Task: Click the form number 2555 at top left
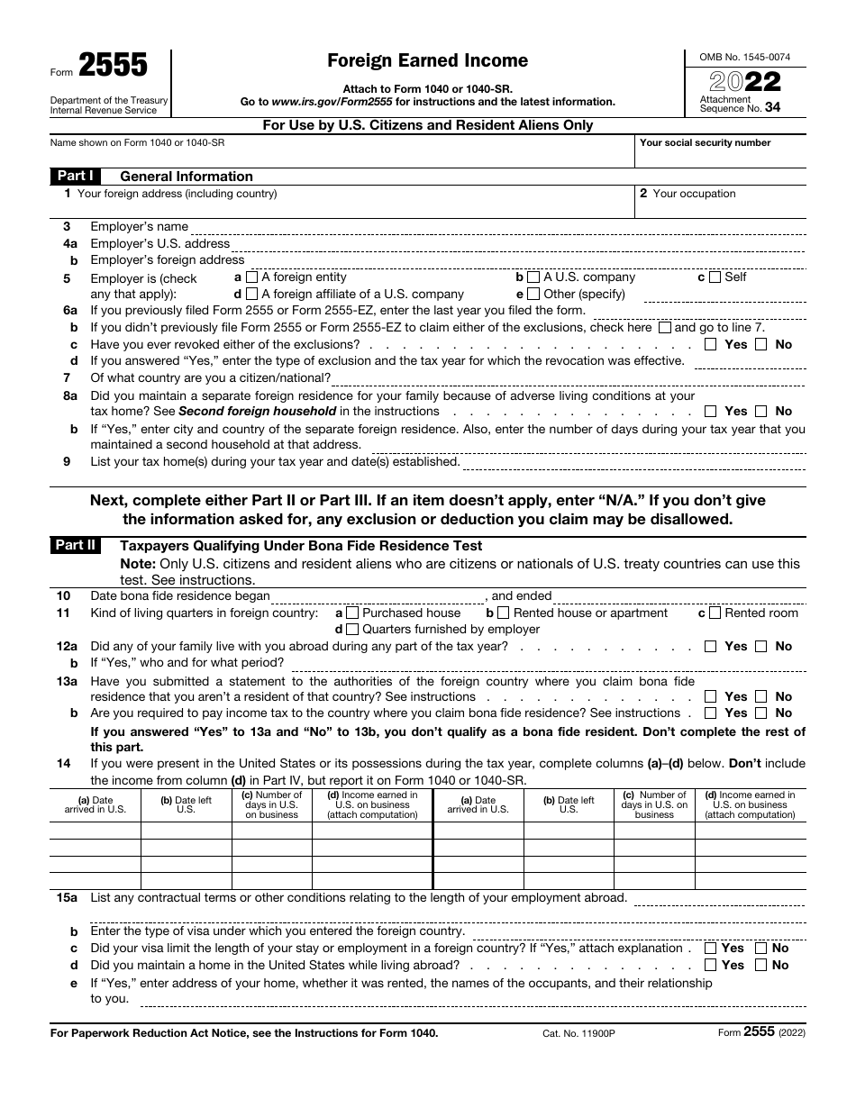coord(114,67)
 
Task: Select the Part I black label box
coord(75,177)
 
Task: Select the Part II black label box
coord(75,545)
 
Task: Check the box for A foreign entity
coord(251,277)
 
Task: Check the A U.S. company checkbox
coord(533,277)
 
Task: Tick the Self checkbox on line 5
coord(715,277)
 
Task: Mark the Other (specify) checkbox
coord(533,294)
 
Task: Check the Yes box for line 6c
coord(711,344)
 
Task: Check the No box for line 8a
coord(761,411)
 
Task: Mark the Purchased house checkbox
coord(352,613)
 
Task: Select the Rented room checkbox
coord(715,613)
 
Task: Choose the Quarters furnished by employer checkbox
coord(352,630)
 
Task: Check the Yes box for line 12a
coord(711,646)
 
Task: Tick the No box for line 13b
coord(761,713)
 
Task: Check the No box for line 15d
coord(761,965)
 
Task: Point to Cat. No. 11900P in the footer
coord(567,1033)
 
